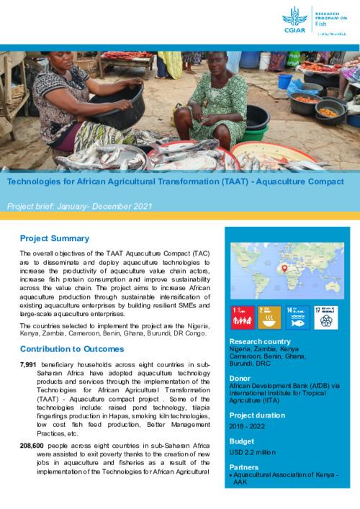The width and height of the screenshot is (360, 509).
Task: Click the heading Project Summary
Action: coord(55,238)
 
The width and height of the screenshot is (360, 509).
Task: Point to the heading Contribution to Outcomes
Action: coord(72,349)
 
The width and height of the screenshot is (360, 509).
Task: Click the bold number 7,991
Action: coord(32,366)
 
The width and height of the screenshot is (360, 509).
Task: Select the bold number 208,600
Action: coord(35,446)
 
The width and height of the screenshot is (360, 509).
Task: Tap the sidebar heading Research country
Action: coord(260,341)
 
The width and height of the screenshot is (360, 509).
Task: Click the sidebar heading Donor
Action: coord(240,378)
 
